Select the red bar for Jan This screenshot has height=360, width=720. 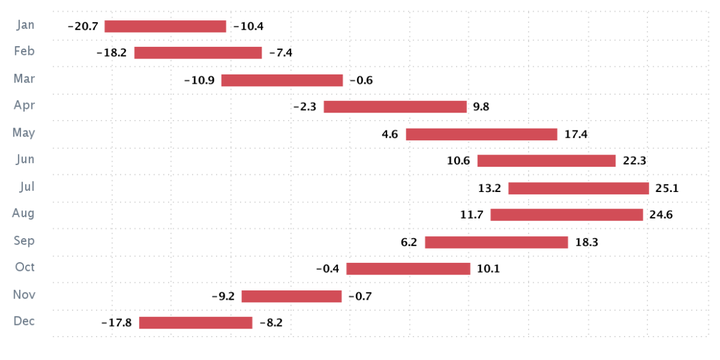[166, 26]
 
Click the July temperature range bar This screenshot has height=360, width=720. [578, 188]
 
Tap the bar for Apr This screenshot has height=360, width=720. [395, 107]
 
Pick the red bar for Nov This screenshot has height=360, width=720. [291, 297]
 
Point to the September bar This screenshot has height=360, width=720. [496, 242]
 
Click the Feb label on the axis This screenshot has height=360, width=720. [25, 52]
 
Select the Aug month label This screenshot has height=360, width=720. [23, 214]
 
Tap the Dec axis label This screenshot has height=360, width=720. [24, 321]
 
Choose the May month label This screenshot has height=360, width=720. [24, 133]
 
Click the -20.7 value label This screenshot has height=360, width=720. [82, 26]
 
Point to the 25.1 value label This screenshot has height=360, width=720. [667, 188]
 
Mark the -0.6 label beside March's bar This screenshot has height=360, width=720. [361, 81]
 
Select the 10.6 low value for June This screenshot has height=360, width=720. [458, 161]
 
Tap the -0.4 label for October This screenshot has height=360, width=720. [327, 270]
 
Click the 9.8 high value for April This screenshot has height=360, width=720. [481, 107]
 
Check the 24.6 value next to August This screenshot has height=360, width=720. [661, 215]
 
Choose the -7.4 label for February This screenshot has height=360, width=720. [281, 53]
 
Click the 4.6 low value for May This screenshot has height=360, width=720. [391, 134]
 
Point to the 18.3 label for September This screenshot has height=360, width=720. [586, 242]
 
